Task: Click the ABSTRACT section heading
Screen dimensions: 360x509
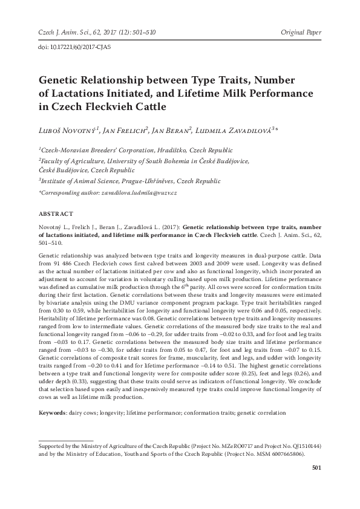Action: tap(56, 214)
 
